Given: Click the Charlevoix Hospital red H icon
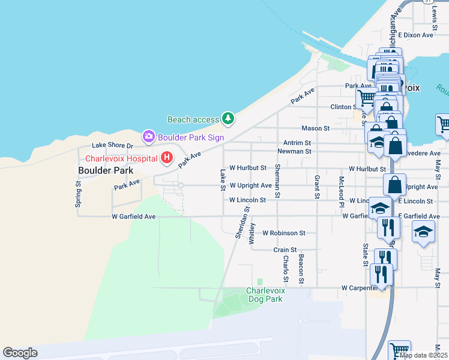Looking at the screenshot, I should click(x=167, y=158).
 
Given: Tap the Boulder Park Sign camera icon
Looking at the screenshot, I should click(x=148, y=137).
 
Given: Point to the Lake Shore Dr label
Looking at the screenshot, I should click(x=112, y=145).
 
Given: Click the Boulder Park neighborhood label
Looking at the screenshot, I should click(x=105, y=170).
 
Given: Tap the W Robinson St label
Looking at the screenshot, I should click(x=283, y=233).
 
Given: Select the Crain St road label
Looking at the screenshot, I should click(x=285, y=250).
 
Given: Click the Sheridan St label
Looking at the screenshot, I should click(x=243, y=223).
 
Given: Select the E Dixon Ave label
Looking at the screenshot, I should click(x=415, y=35).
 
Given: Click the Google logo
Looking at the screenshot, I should click(x=20, y=353).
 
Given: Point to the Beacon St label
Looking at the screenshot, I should click(x=301, y=268).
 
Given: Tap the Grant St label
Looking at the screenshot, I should click(x=316, y=187).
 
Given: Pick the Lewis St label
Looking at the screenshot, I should click(x=435, y=11).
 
